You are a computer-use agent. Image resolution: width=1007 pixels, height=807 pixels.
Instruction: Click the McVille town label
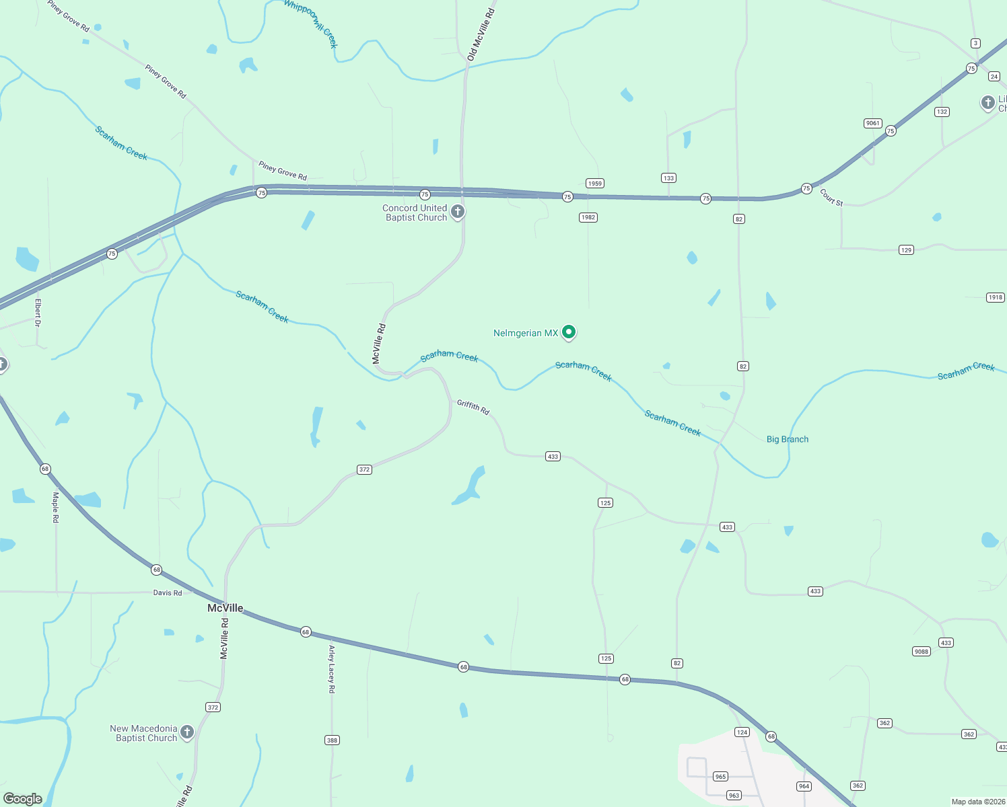click(225, 608)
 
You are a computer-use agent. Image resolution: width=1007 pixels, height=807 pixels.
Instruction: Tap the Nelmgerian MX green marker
click(569, 332)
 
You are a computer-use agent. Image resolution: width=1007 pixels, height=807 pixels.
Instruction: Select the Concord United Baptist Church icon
click(458, 212)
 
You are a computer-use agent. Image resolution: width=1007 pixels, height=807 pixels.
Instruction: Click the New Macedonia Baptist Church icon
click(187, 732)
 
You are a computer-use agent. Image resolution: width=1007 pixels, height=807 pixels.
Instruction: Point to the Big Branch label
click(788, 439)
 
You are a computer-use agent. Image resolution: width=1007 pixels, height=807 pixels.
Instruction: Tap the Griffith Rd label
click(473, 407)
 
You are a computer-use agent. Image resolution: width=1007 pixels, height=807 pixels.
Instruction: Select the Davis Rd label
click(168, 592)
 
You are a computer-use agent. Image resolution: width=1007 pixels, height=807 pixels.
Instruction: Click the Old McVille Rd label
click(481, 35)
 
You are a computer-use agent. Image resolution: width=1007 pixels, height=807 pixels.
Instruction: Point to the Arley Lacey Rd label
click(331, 669)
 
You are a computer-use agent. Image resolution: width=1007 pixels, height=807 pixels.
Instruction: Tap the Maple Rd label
click(56, 507)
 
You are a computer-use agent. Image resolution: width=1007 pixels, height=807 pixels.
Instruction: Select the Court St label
click(831, 197)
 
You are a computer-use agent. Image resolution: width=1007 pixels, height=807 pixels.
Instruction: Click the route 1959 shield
click(594, 184)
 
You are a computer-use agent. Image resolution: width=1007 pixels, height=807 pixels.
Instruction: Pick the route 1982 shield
click(588, 217)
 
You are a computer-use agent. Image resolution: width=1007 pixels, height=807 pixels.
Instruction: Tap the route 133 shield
click(668, 178)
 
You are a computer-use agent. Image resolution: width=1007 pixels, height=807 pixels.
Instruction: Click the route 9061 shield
click(873, 123)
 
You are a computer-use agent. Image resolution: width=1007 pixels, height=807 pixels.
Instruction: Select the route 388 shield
click(332, 740)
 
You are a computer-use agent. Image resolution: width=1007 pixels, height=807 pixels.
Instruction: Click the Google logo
click(23, 799)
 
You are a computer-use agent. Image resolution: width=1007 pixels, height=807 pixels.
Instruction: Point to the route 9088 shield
click(922, 651)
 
